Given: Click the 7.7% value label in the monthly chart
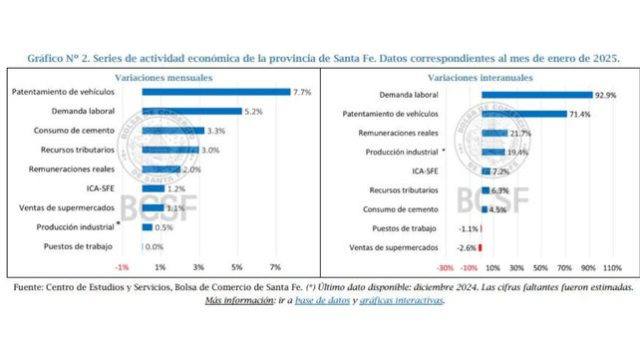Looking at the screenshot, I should pos(301,92).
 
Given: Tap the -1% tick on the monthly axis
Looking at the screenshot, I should pos(123,267).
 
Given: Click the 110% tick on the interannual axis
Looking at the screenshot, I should pos(613,267).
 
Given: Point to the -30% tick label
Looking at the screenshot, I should pos(446,267).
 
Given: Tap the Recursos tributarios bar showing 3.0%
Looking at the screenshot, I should pos(170,150).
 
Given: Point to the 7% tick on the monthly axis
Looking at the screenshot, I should pos(275,267).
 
